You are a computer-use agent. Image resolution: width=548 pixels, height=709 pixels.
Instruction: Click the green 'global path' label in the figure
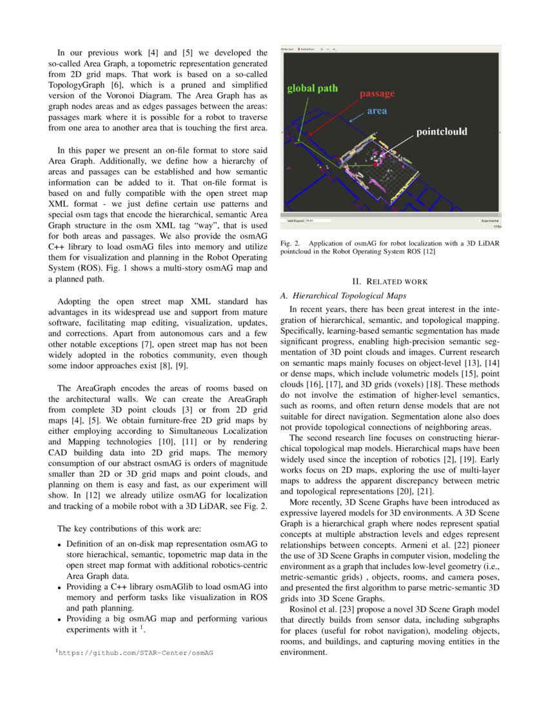coord(312,88)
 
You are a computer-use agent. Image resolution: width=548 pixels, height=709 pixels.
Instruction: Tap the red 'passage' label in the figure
coord(377,94)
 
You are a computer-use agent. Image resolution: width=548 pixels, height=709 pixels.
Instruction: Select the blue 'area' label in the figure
coord(377,111)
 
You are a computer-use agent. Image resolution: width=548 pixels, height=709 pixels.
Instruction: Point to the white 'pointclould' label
coord(442,131)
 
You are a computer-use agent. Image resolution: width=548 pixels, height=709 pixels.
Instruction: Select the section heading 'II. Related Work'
coord(390,282)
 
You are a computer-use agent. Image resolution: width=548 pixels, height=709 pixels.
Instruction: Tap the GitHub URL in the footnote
coord(136,653)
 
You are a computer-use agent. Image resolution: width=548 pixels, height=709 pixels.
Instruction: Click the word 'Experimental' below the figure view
coord(489,220)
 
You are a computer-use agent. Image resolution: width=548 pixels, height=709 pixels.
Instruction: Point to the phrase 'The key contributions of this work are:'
coord(129,529)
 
